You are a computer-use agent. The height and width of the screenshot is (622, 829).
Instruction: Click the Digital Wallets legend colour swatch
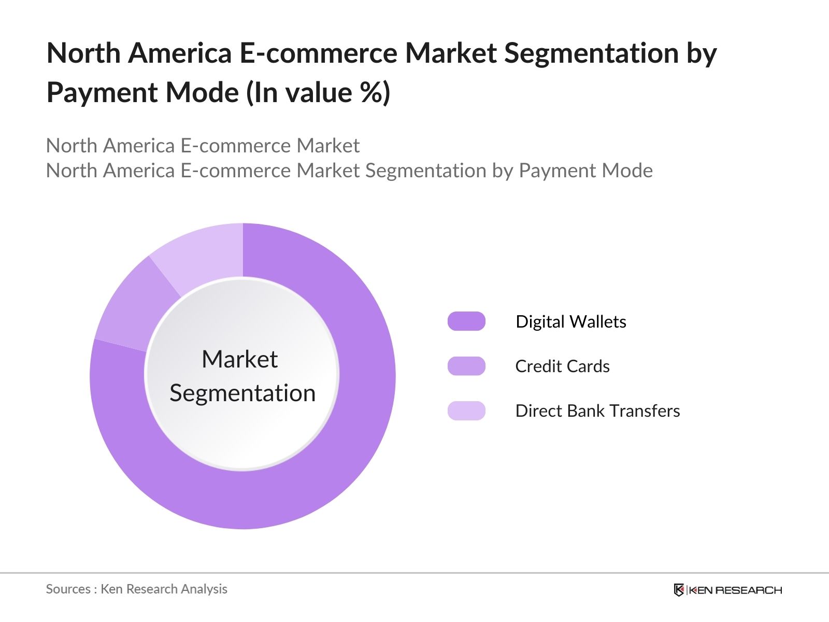coord(466,321)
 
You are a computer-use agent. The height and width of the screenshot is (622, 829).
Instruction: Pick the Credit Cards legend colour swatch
coord(466,366)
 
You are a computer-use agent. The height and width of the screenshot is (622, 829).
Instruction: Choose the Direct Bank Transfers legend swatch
coord(466,411)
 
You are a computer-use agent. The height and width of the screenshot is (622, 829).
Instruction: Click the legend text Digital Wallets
coord(570,322)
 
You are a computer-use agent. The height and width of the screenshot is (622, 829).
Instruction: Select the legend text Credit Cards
coord(562,366)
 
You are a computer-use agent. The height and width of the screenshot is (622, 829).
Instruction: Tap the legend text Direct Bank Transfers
coord(597,411)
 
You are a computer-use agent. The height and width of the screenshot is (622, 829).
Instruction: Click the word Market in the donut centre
coord(239,359)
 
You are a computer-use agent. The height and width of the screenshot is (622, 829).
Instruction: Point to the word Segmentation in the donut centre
coord(242,393)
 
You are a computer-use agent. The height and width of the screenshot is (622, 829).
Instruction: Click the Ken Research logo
coord(727,590)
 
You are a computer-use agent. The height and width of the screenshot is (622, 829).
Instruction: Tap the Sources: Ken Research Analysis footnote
coord(136,589)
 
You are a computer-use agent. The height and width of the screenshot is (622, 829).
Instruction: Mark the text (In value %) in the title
coord(318,93)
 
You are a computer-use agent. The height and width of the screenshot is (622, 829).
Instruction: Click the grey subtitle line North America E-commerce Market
coord(203,146)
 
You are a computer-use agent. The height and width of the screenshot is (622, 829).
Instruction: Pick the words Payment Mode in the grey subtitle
coord(585,171)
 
